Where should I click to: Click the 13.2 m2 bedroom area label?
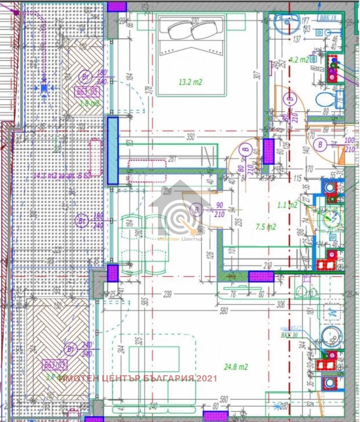click(190, 82)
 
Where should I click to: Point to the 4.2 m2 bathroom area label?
click(299, 59)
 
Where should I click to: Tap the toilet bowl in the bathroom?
click(325, 99)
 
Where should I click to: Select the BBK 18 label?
click(328, 18)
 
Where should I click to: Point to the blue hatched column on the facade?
click(112, 151)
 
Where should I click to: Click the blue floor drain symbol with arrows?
click(44, 88)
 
